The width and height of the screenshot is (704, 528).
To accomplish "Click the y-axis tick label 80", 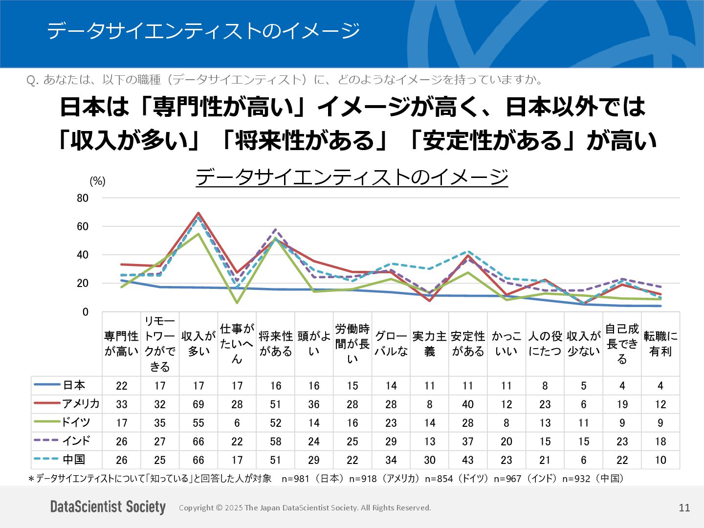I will click(83, 198).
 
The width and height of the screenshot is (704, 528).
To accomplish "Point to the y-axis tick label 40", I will click(83, 255).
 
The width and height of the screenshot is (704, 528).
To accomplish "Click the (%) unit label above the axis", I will click(97, 181).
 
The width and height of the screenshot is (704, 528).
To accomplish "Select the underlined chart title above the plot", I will click(352, 176).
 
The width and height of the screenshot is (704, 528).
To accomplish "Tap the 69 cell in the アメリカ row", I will click(198, 404).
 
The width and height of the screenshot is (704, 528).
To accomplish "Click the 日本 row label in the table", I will click(74, 385).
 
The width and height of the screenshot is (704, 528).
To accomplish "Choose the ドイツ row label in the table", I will click(76, 422).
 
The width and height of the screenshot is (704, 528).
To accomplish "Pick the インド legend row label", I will click(76, 441).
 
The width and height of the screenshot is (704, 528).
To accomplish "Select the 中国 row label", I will click(74, 460).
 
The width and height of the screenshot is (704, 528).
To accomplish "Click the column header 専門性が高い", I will click(121, 344).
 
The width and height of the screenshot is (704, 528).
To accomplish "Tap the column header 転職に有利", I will click(660, 344).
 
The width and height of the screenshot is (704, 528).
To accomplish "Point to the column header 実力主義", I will click(429, 344).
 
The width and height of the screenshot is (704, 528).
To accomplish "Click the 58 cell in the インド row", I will click(276, 441).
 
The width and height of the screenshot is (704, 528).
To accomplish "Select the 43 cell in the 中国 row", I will click(468, 460).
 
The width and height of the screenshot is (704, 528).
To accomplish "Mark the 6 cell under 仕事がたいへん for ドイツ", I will click(237, 423).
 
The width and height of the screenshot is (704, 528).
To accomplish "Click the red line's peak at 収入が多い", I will click(198, 213).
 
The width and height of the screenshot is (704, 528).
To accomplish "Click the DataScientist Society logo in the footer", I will click(108, 507).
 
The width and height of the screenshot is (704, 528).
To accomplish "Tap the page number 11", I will click(684, 507).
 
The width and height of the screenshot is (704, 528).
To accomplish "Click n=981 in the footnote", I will click(295, 479).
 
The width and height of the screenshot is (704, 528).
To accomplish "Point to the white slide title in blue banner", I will click(203, 31).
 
